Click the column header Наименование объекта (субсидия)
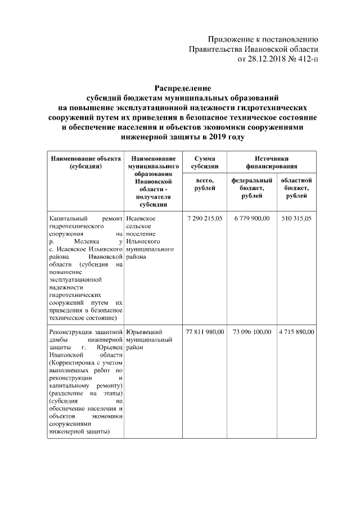click(x=85, y=163)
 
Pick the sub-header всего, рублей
click(x=205, y=183)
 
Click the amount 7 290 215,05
click(x=205, y=217)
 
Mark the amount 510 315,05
click(x=296, y=217)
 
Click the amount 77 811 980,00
click(x=205, y=332)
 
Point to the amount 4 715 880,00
click(x=296, y=332)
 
